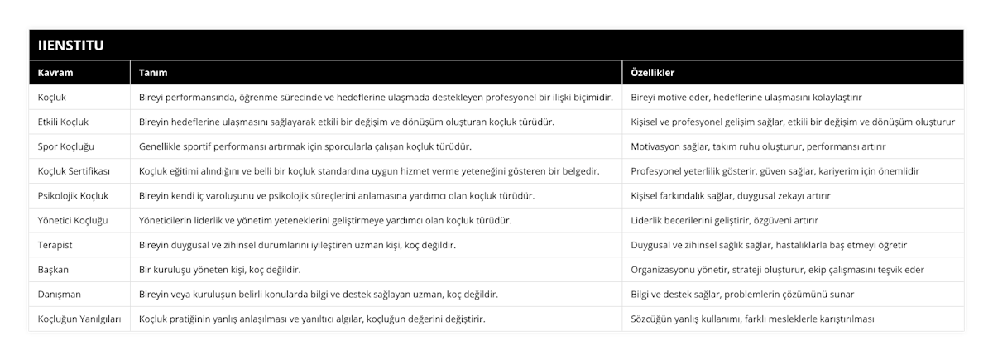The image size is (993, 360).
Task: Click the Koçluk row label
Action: click(54, 97)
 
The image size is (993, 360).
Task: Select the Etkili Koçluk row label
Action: click(64, 122)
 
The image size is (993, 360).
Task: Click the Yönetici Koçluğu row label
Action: click(73, 220)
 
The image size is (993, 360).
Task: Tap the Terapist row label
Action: click(56, 245)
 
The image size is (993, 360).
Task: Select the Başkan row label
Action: click(54, 269)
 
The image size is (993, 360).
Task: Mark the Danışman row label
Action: click(60, 294)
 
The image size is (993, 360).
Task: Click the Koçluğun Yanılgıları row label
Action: click(79, 319)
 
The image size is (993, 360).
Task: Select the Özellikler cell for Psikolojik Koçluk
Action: click(731, 195)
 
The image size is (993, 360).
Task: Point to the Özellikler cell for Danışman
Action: click(748, 294)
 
